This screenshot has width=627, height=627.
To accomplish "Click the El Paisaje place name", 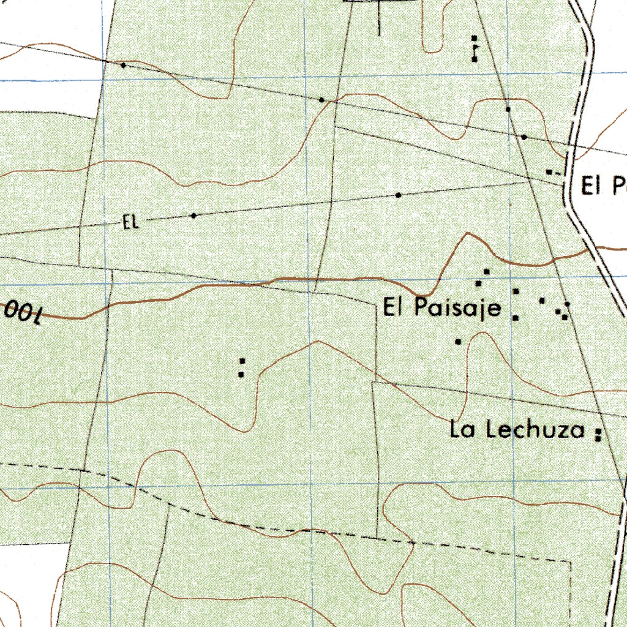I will pyautogui.click(x=442, y=307).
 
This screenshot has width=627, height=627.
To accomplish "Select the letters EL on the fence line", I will pyautogui.click(x=130, y=222).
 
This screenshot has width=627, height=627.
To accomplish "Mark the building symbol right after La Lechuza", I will pyautogui.click(x=598, y=434).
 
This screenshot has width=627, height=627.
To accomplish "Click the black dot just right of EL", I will pyautogui.click(x=193, y=216).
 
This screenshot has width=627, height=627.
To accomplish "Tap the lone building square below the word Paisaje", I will pyautogui.click(x=458, y=341).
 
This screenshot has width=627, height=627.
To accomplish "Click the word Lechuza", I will pyautogui.click(x=535, y=430).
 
